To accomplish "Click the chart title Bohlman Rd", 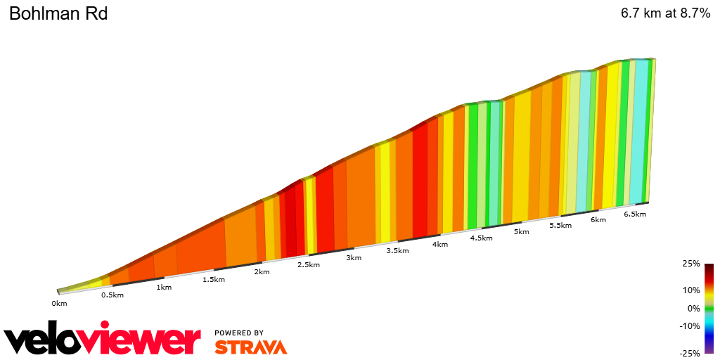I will pos(58,13).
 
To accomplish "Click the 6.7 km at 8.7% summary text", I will pos(665,13).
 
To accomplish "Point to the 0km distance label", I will pos(59,304).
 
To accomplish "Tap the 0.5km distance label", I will pos(112,295).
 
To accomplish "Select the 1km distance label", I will pos(164,287).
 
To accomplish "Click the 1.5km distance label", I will pos(214,279).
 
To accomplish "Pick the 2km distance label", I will pos(262,272).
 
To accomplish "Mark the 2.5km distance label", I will pos(309,264).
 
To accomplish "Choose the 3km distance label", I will pos(354,257).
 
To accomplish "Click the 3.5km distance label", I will pos(397,251).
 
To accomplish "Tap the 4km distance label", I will pos(440,244).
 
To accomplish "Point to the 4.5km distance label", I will pos(481,238).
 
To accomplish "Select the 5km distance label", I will pos(521,231).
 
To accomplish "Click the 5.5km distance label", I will pos(560,225).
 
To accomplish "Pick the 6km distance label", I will pos(598,219).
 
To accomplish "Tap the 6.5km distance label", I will pos(635,214).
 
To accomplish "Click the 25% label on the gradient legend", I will pos(691,264).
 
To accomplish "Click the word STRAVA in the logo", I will pos(250,347).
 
